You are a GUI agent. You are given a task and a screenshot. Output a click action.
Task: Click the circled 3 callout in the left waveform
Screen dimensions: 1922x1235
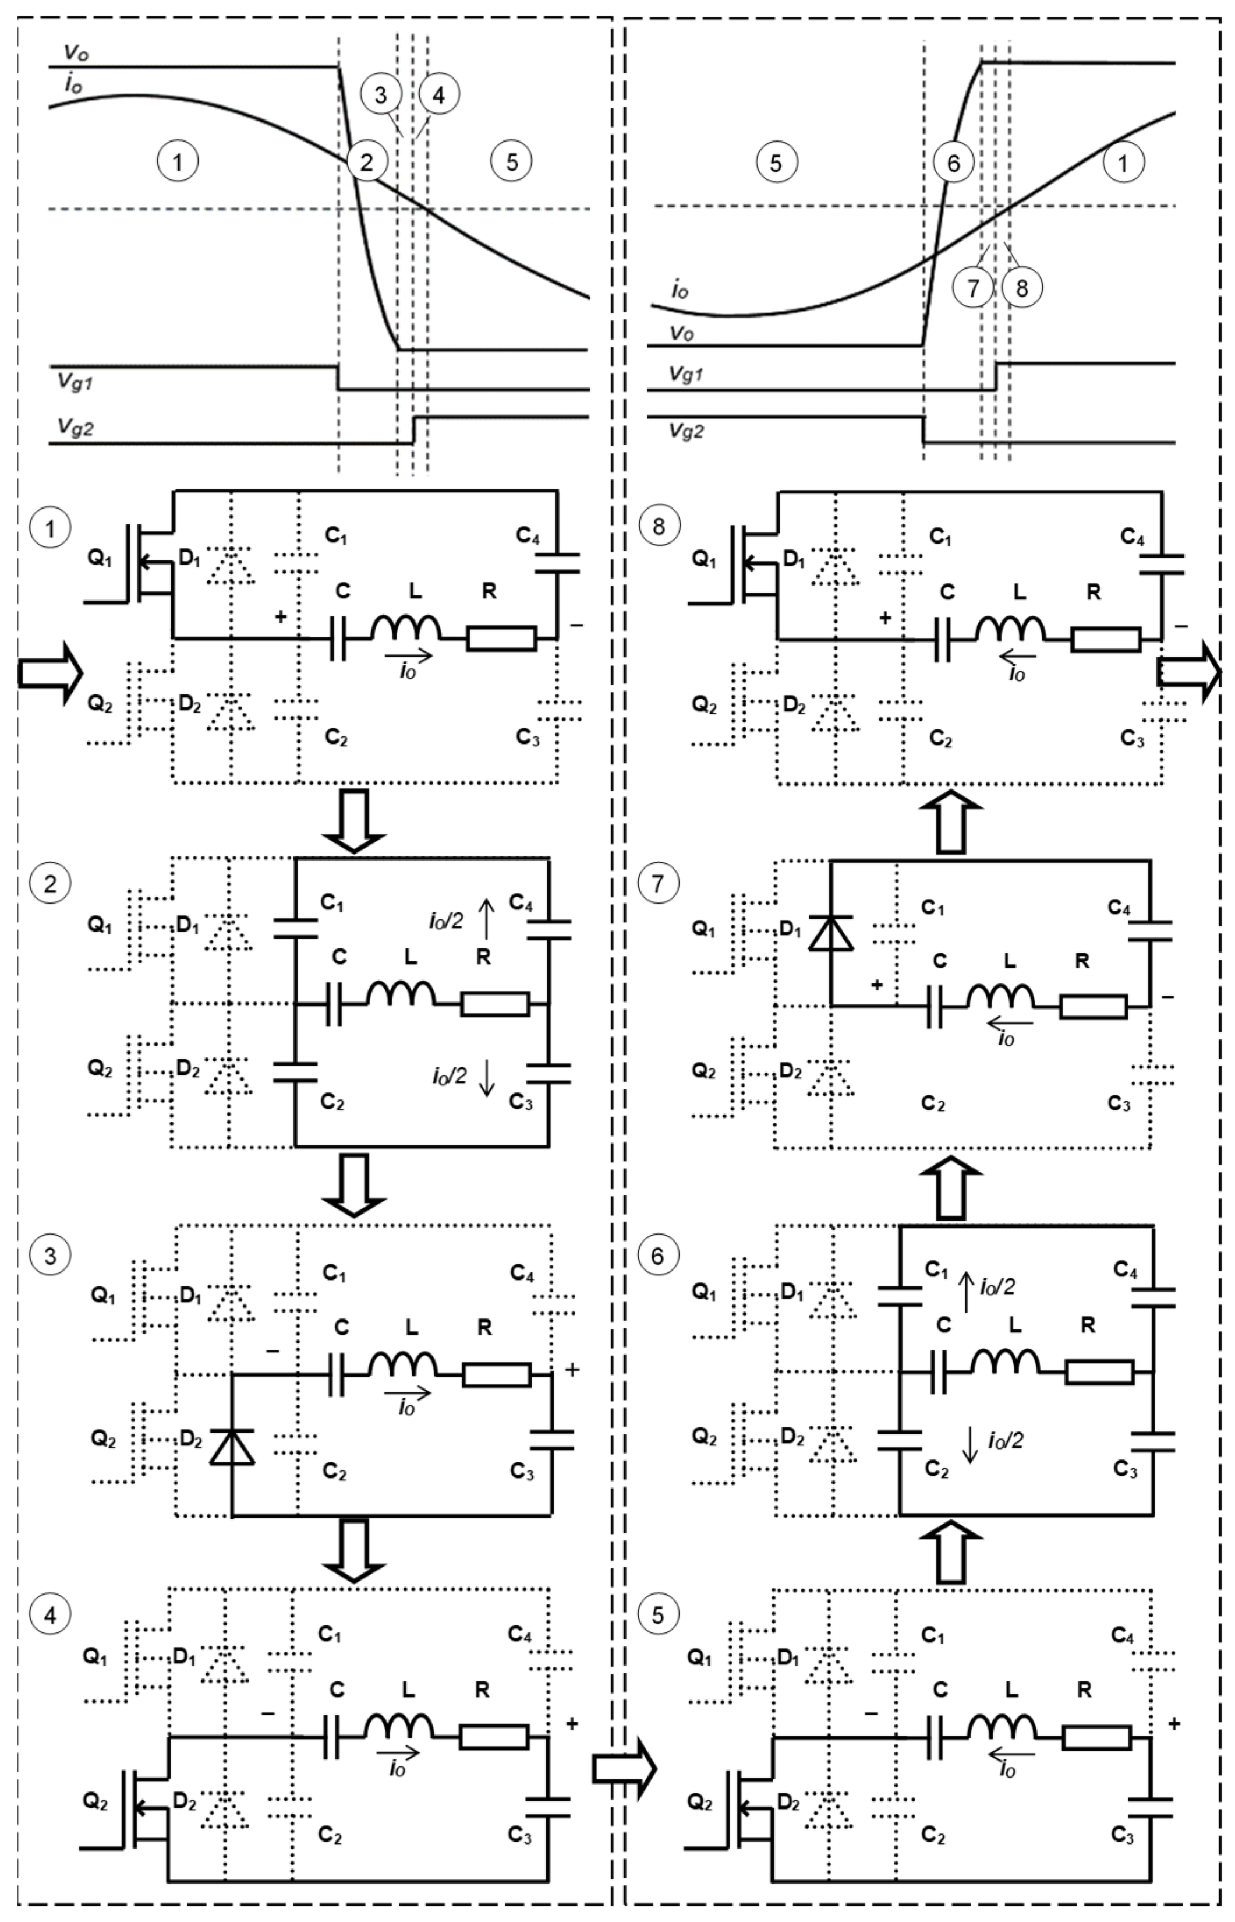380,94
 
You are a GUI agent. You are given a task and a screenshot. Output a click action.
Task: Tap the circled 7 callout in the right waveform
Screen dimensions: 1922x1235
973,287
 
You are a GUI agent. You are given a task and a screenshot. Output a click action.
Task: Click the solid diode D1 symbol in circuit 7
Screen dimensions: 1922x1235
829,932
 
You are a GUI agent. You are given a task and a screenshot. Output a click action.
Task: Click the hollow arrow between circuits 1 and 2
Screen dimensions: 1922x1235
353,820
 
